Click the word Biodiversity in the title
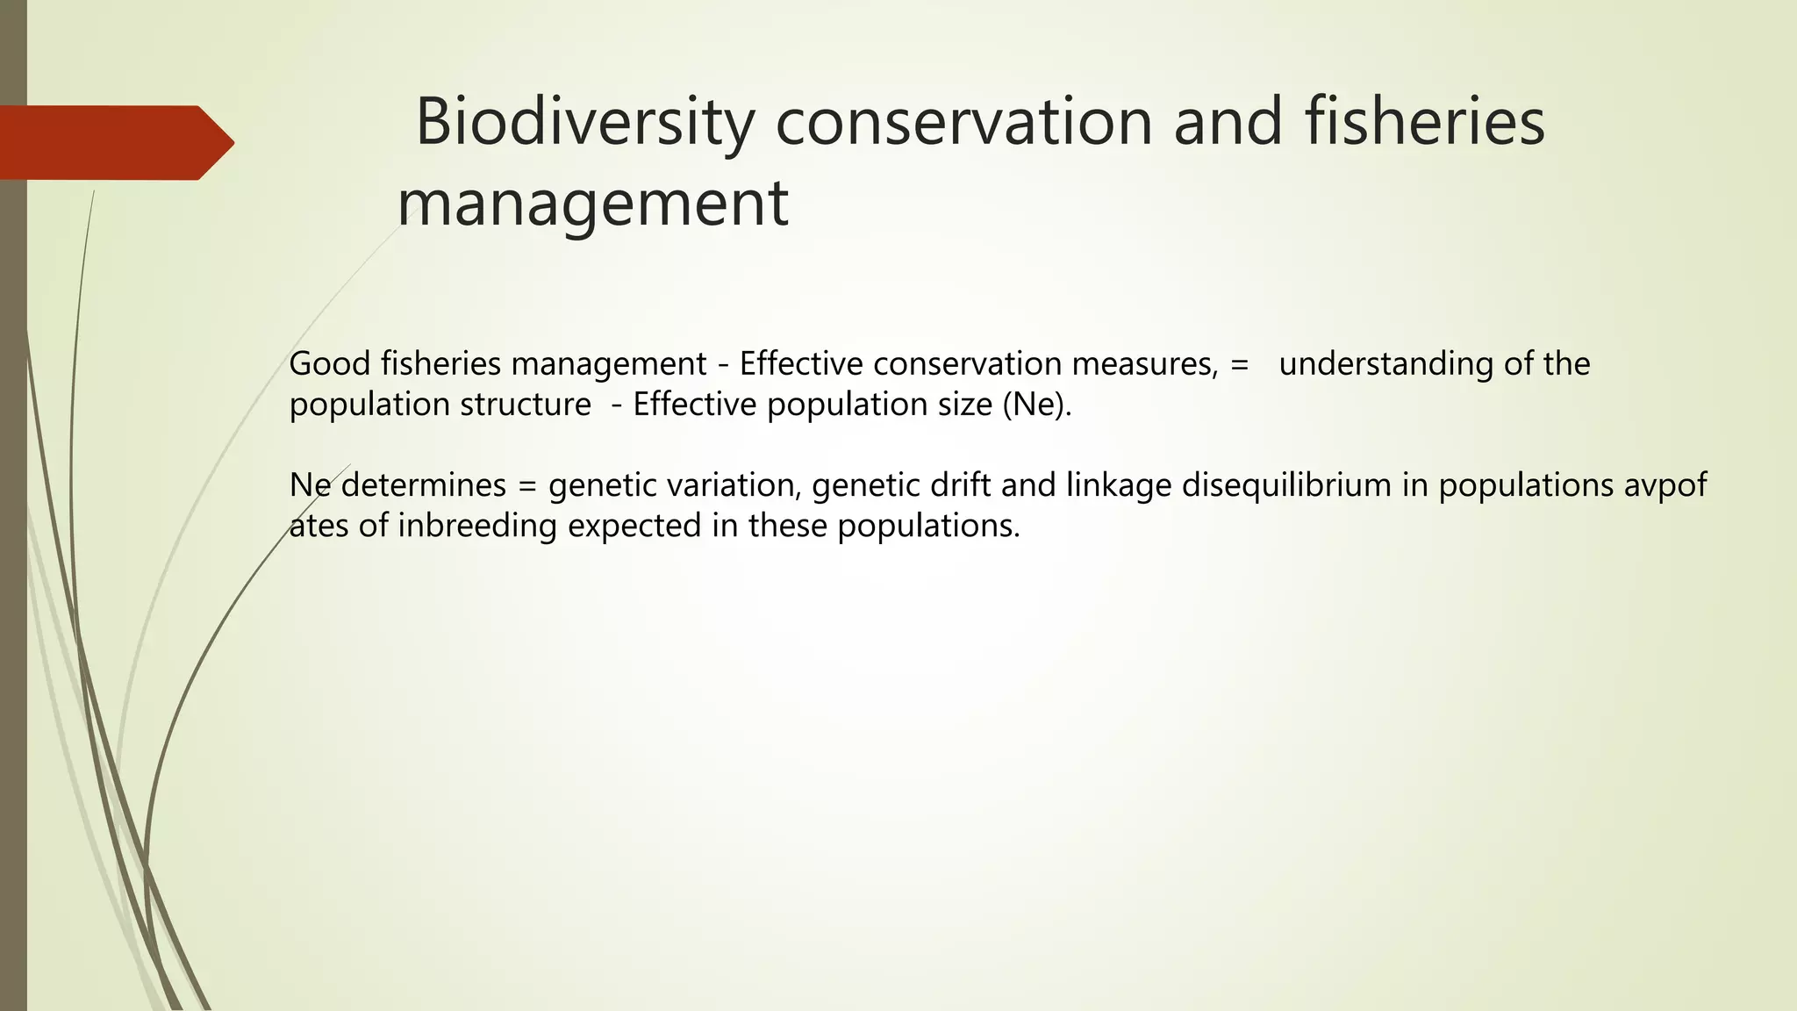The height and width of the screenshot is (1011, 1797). pos(583,123)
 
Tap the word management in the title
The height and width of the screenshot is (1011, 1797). pos(593,204)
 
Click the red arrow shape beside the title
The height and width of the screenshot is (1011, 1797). pos(117,143)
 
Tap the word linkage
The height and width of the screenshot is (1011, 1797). pos(1119,485)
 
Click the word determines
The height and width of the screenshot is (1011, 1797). pos(424,485)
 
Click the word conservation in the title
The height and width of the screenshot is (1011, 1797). pos(963,123)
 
